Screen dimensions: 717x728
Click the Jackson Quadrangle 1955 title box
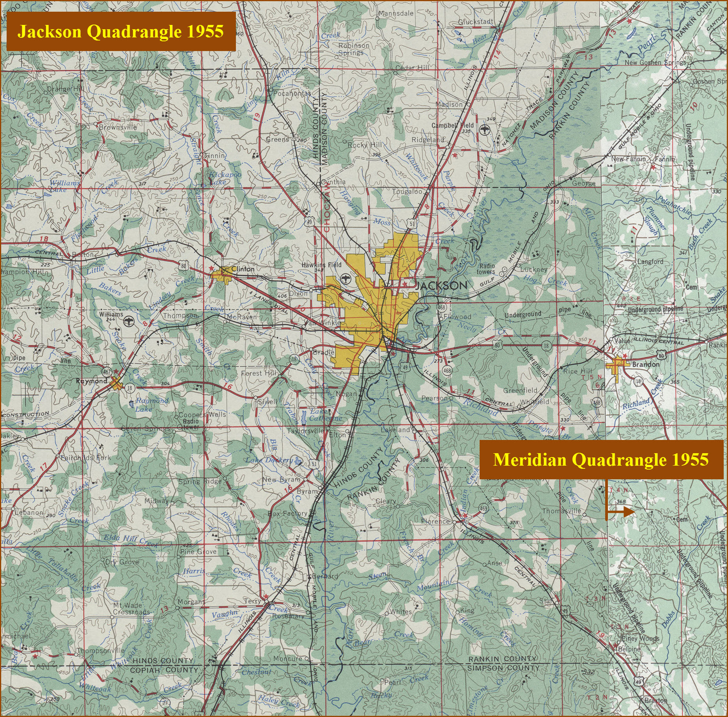click(x=121, y=32)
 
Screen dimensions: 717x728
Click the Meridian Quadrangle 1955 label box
click(x=601, y=459)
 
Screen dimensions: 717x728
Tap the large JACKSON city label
click(x=441, y=285)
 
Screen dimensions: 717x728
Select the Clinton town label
click(x=243, y=269)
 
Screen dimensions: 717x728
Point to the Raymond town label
click(x=91, y=381)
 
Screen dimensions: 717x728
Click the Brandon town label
click(x=646, y=364)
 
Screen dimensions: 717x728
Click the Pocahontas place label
click(x=292, y=94)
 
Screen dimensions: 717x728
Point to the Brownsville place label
click(x=117, y=127)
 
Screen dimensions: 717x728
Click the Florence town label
click(x=435, y=521)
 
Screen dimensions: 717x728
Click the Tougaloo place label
click(x=407, y=191)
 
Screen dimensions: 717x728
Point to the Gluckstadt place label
click(x=475, y=22)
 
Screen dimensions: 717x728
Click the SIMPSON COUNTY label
click(x=503, y=668)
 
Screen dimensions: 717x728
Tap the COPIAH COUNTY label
click(x=164, y=670)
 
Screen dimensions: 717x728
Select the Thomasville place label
click(x=561, y=510)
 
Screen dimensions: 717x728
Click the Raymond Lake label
click(x=151, y=404)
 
